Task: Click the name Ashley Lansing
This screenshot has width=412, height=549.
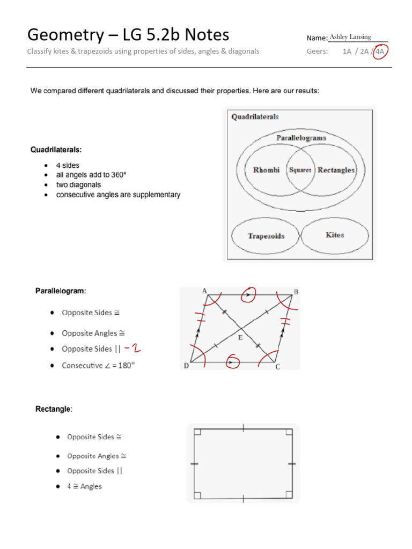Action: coord(350,37)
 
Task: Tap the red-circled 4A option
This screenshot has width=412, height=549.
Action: coord(380,52)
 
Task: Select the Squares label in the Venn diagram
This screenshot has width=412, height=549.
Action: coord(300,170)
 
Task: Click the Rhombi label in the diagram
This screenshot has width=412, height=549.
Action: coord(266,170)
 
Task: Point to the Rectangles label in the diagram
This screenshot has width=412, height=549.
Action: coord(336,170)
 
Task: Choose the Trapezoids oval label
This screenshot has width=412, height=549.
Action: coord(266,236)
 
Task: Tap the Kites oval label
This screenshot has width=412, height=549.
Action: coord(335,235)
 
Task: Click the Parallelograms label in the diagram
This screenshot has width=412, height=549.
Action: coord(301,138)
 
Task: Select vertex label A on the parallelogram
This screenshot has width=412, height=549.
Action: coord(204,291)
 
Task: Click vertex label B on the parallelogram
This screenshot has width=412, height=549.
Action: coord(296,292)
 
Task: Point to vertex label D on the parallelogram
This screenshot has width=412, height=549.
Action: coord(186,366)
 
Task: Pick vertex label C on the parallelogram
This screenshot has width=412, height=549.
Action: coord(277,367)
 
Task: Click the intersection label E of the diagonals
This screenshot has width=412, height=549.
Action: coord(240,338)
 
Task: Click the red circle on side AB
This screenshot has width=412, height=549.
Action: coord(248,294)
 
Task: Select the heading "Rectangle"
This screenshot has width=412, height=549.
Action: coord(53,409)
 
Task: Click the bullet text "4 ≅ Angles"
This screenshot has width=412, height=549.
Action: coord(84,486)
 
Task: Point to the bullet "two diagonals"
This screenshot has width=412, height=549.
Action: coord(78,185)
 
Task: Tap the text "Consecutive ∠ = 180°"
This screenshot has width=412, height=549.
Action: coord(97,366)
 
